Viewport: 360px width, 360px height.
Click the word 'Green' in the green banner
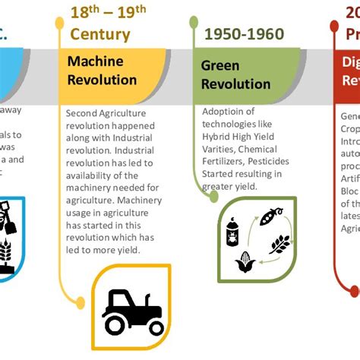tap(219, 65)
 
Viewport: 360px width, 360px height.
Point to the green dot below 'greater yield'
tap(214, 196)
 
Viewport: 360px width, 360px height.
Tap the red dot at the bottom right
tap(354, 289)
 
